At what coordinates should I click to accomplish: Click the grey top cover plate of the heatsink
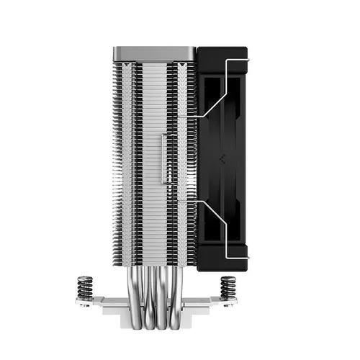(155, 53)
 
